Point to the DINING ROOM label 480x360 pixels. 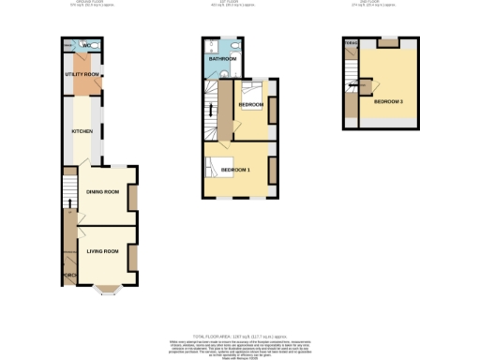(102, 192)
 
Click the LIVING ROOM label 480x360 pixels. (102, 251)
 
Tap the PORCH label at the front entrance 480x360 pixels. (68, 275)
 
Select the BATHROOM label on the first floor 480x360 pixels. (222, 59)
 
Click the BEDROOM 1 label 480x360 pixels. (235, 170)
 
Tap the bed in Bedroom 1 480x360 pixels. (214, 169)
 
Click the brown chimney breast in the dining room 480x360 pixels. (133, 198)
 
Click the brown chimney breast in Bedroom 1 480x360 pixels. (273, 170)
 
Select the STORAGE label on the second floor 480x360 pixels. (352, 43)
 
